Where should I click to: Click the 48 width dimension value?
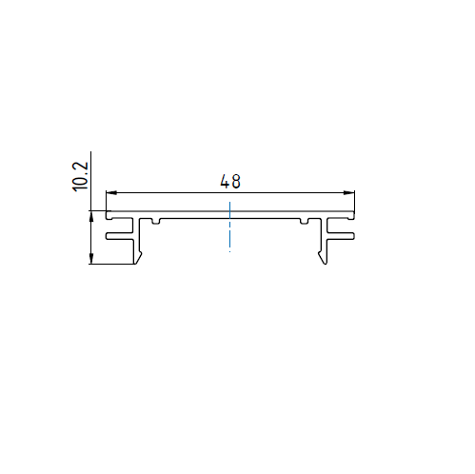[230, 181]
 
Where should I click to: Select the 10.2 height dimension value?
[80, 176]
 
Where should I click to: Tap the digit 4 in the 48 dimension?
[225, 182]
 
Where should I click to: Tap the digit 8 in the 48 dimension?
[236, 182]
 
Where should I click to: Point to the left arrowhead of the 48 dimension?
[111, 192]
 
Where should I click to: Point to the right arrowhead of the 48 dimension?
[349, 192]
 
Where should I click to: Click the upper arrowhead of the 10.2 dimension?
[91, 218]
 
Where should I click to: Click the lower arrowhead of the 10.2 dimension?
[91, 258]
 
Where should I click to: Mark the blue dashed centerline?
[230, 225]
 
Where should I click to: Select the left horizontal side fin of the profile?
[120, 236]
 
